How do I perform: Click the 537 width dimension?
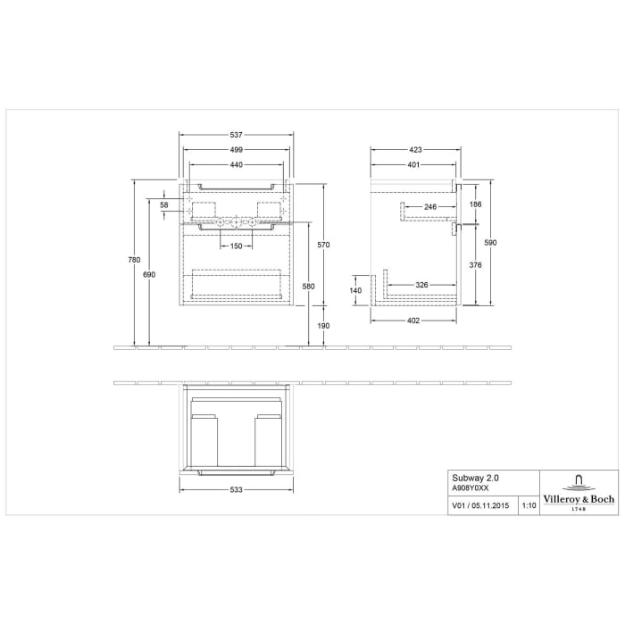(237, 134)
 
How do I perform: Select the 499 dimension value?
(237, 150)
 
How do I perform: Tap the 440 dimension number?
(237, 166)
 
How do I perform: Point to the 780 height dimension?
(135, 260)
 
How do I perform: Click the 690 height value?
(149, 275)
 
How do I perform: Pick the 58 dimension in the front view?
(164, 205)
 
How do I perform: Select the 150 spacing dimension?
(237, 246)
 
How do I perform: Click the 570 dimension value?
(324, 244)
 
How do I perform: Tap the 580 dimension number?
(309, 286)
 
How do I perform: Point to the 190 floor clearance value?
(324, 326)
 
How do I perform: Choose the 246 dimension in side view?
(429, 206)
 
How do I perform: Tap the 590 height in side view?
(489, 243)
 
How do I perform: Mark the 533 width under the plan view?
(237, 490)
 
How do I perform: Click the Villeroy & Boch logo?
(578, 492)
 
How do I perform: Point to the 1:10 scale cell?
(528, 506)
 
